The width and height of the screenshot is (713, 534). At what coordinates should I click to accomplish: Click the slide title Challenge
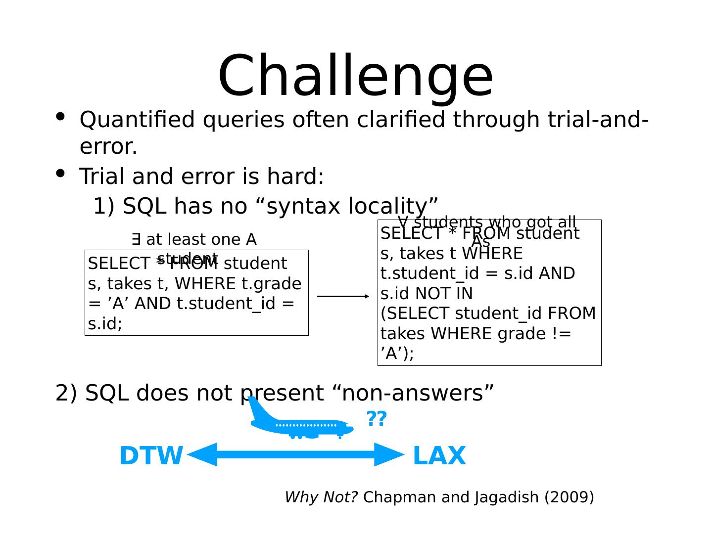[355, 77]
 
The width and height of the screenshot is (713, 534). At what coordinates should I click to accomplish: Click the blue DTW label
[151, 456]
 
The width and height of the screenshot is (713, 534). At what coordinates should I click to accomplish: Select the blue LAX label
[439, 456]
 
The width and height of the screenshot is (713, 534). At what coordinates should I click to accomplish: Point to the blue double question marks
[376, 419]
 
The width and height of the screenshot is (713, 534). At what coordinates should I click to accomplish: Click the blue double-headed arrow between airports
[295, 454]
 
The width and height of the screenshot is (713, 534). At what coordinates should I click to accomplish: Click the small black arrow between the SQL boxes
[343, 296]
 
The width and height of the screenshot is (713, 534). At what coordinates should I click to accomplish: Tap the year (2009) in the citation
[569, 497]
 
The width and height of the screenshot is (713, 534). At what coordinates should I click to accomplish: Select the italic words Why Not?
[321, 497]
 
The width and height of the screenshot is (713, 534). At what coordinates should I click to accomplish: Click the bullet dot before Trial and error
[60, 173]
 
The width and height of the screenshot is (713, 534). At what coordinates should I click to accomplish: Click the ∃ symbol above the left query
[136, 240]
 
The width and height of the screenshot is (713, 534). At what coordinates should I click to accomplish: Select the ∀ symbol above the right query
[403, 221]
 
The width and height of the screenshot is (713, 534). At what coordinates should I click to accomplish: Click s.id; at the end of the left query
[105, 324]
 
